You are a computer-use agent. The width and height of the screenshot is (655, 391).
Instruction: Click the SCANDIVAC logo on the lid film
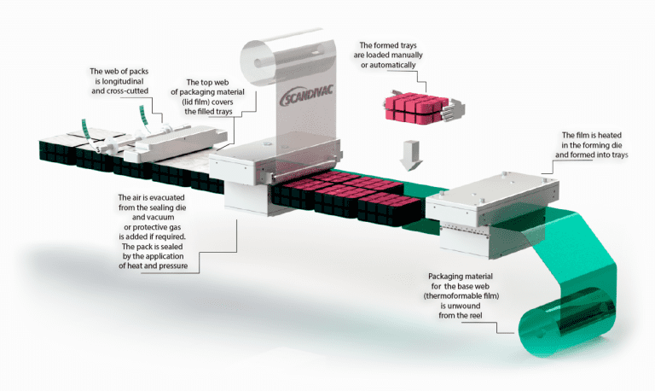tap(306, 96)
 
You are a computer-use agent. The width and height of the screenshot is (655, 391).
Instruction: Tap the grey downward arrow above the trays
tap(411, 155)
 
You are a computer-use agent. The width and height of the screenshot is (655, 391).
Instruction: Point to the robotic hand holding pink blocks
tap(452, 108)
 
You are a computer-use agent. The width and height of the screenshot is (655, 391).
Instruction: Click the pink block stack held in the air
tap(416, 108)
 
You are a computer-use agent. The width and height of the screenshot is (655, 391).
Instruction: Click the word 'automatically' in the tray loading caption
tap(389, 65)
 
